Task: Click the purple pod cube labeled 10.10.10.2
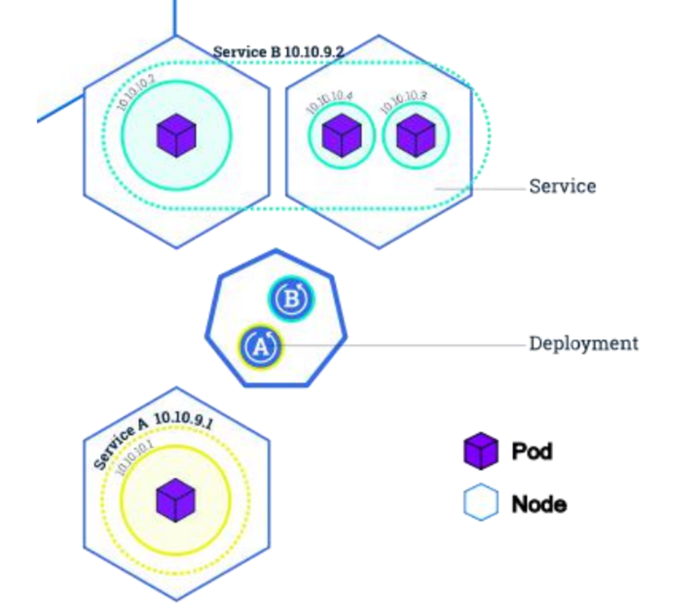[176, 135]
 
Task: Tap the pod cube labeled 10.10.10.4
[341, 135]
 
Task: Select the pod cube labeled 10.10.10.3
[416, 135]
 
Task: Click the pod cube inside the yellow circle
[176, 501]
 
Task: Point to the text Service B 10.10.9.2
[278, 52]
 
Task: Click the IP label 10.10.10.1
[134, 459]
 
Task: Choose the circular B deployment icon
[291, 299]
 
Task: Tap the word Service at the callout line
[562, 187]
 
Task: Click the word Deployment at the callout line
[584, 343]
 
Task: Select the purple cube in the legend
[480, 451]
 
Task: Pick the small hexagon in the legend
[480, 503]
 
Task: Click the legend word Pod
[531, 451]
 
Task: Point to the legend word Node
[538, 503]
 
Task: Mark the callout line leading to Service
[480, 189]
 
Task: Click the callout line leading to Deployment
[402, 345]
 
